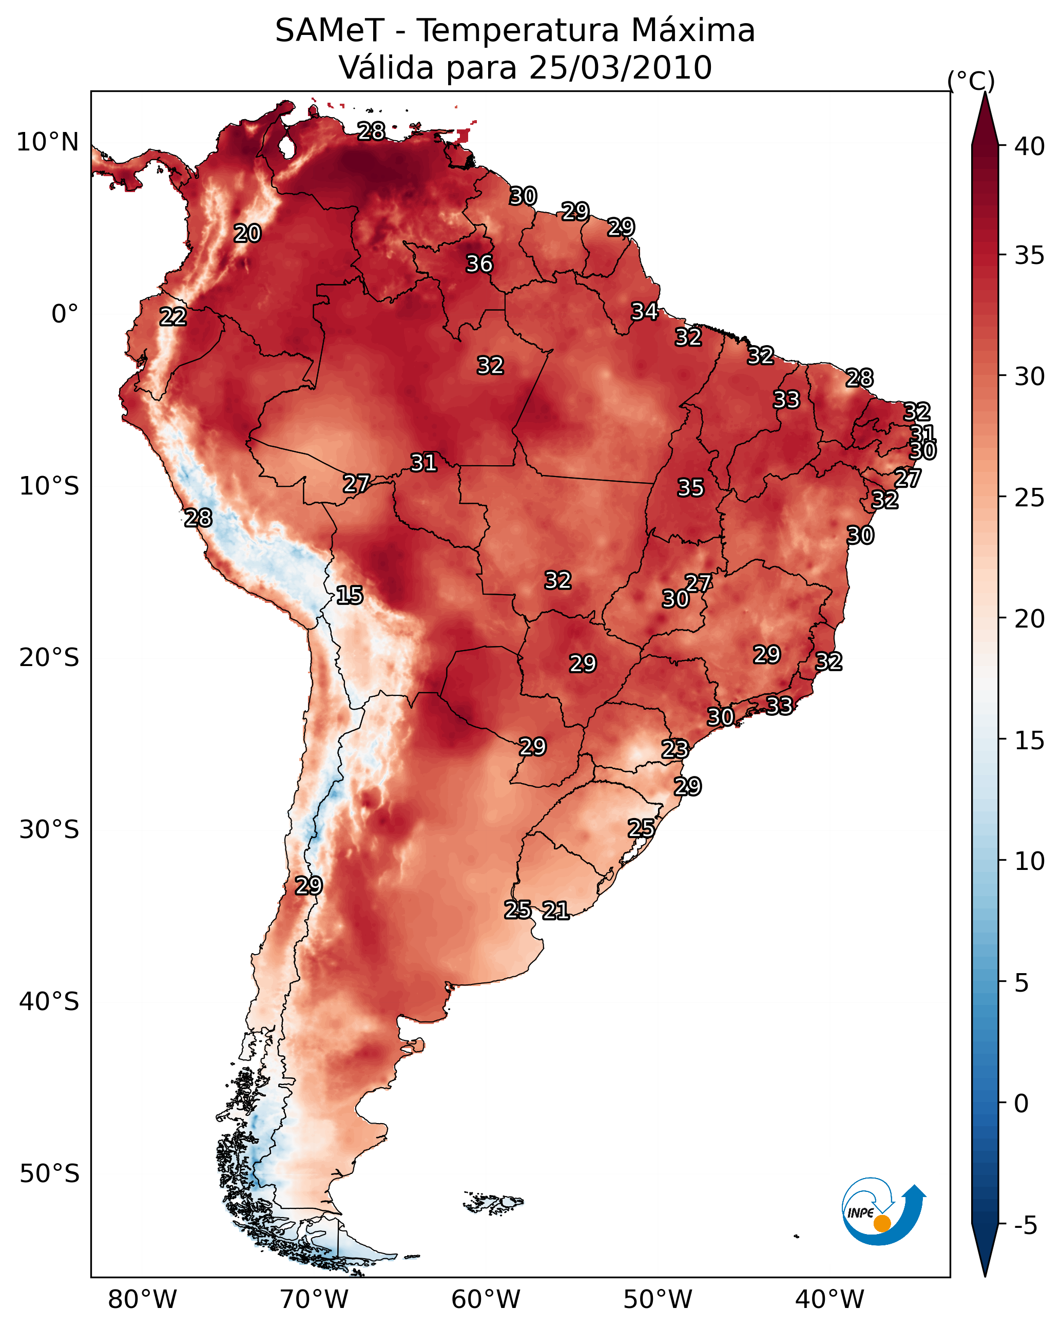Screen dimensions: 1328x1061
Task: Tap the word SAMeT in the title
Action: [330, 31]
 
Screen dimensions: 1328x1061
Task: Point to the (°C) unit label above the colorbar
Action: [971, 81]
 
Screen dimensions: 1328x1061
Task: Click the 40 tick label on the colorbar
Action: [1030, 146]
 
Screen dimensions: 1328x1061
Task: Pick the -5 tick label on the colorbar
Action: [1025, 1226]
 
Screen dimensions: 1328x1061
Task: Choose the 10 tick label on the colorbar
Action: [1030, 861]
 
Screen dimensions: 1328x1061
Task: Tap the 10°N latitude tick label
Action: [47, 142]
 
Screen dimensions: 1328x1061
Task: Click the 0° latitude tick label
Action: [65, 314]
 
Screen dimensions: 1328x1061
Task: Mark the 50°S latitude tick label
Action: [49, 1174]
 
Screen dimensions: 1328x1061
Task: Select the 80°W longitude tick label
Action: [142, 1300]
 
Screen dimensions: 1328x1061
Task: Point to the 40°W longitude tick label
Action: [829, 1300]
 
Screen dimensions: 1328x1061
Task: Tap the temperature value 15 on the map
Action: [349, 596]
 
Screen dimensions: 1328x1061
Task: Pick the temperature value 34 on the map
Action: [644, 312]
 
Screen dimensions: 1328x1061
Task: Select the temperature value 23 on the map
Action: [674, 750]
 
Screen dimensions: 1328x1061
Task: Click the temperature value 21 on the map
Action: [555, 910]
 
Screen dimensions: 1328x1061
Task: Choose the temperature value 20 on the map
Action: [247, 234]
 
